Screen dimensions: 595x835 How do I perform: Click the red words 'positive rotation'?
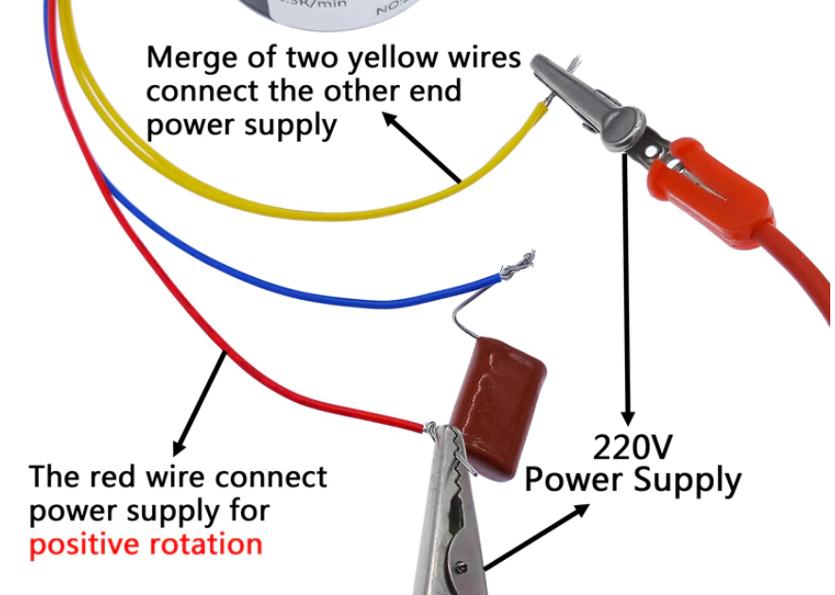click(146, 545)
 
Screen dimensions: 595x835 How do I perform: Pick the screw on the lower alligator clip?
click(462, 569)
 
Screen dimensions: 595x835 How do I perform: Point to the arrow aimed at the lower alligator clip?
click(534, 538)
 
